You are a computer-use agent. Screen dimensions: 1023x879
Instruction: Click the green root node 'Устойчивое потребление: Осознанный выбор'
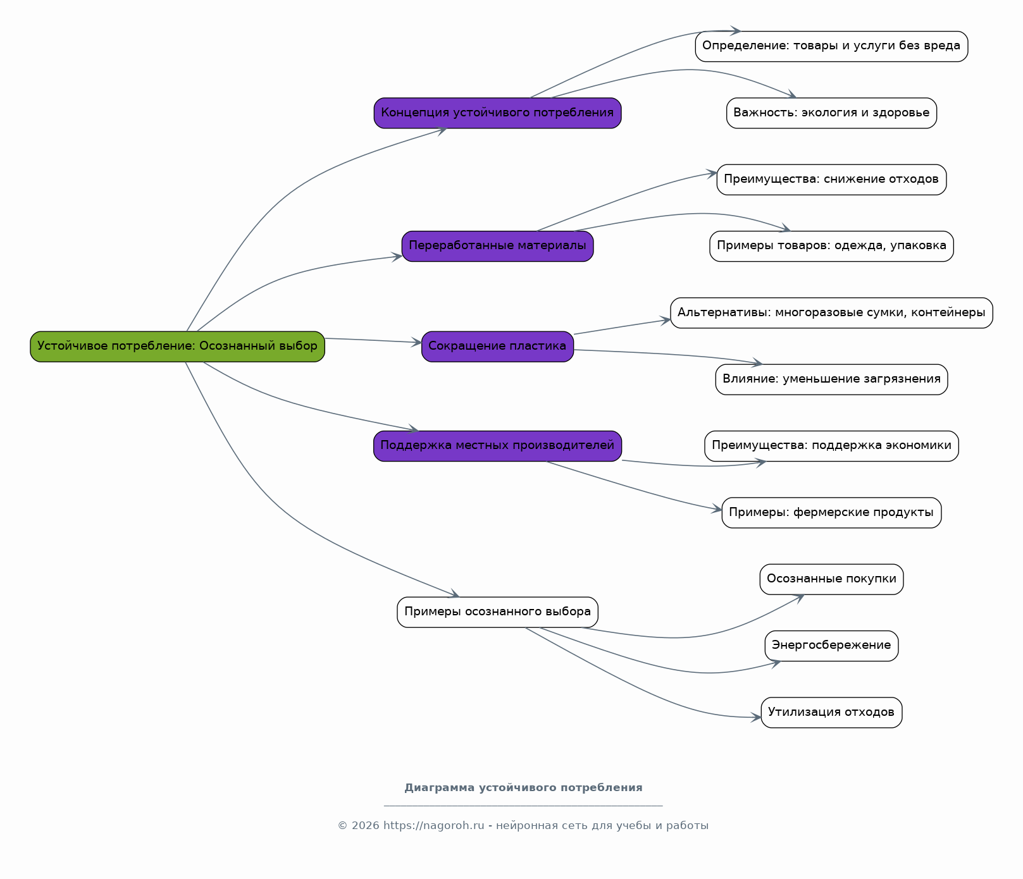[x=177, y=347]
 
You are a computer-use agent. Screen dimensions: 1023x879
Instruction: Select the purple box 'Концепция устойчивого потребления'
[x=497, y=113]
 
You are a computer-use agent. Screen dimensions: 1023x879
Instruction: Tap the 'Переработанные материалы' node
[x=497, y=246]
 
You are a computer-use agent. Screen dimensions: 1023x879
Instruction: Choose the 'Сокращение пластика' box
[x=497, y=347]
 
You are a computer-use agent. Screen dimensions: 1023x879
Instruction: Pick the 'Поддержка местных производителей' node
[x=497, y=446]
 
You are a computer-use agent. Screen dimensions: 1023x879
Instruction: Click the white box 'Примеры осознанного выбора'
[x=497, y=612]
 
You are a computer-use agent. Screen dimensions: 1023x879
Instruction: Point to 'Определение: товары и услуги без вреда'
[x=831, y=46]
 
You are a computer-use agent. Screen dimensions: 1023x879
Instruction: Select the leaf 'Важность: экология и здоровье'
[x=831, y=113]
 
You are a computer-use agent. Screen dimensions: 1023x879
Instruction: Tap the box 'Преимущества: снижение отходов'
[x=831, y=180]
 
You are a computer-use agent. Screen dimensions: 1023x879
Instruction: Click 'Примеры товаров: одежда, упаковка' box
[x=831, y=246]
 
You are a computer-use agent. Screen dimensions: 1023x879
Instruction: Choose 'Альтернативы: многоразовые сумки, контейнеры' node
[x=831, y=313]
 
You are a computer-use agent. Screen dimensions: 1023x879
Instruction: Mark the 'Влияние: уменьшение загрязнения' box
[x=831, y=379]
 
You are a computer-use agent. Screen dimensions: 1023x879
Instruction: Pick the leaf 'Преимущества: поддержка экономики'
[x=831, y=446]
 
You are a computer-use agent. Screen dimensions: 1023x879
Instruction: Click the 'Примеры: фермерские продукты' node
[x=831, y=513]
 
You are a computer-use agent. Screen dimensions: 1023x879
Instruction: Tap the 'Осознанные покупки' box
[x=831, y=579]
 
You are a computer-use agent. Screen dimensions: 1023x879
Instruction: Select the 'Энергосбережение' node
[x=831, y=646]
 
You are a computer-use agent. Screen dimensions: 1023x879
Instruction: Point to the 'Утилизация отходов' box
[x=831, y=713]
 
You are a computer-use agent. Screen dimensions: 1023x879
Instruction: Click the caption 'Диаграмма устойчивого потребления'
[x=523, y=788]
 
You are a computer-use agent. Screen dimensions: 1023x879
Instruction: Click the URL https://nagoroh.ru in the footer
[x=433, y=826]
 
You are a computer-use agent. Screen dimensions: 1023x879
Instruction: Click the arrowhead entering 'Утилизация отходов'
[x=756, y=718]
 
